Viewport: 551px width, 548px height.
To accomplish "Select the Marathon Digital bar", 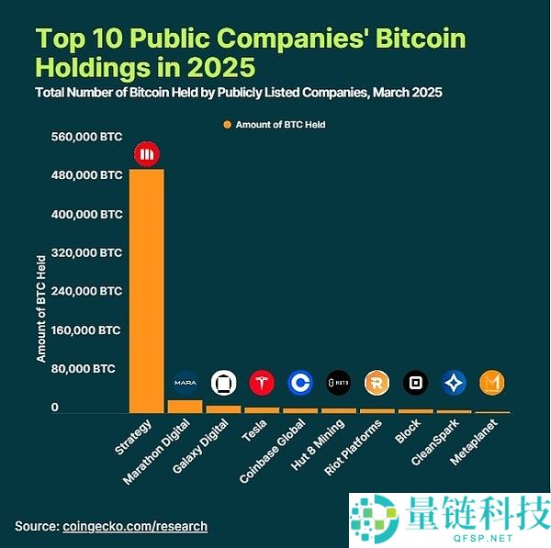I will point(185,406).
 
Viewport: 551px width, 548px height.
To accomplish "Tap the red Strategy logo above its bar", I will point(147,153).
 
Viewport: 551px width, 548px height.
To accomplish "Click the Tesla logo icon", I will point(262,383).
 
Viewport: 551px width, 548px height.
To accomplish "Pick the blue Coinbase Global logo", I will point(299,383).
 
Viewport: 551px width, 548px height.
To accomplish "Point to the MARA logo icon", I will point(185,383).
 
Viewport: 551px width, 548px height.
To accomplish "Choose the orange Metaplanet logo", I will point(493,383).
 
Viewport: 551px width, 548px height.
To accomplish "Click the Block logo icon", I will point(415,383).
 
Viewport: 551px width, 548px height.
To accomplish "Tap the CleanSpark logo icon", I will point(454,383).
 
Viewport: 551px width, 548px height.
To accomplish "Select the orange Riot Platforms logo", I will point(377,383).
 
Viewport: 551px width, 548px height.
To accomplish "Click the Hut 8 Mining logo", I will point(338,383).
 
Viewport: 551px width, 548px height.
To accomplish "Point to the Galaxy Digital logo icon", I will point(223,383).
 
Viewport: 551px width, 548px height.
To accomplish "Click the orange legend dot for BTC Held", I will point(227,124).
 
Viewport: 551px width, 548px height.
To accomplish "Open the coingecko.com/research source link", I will point(135,527).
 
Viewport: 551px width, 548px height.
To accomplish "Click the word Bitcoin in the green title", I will point(412,39).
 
